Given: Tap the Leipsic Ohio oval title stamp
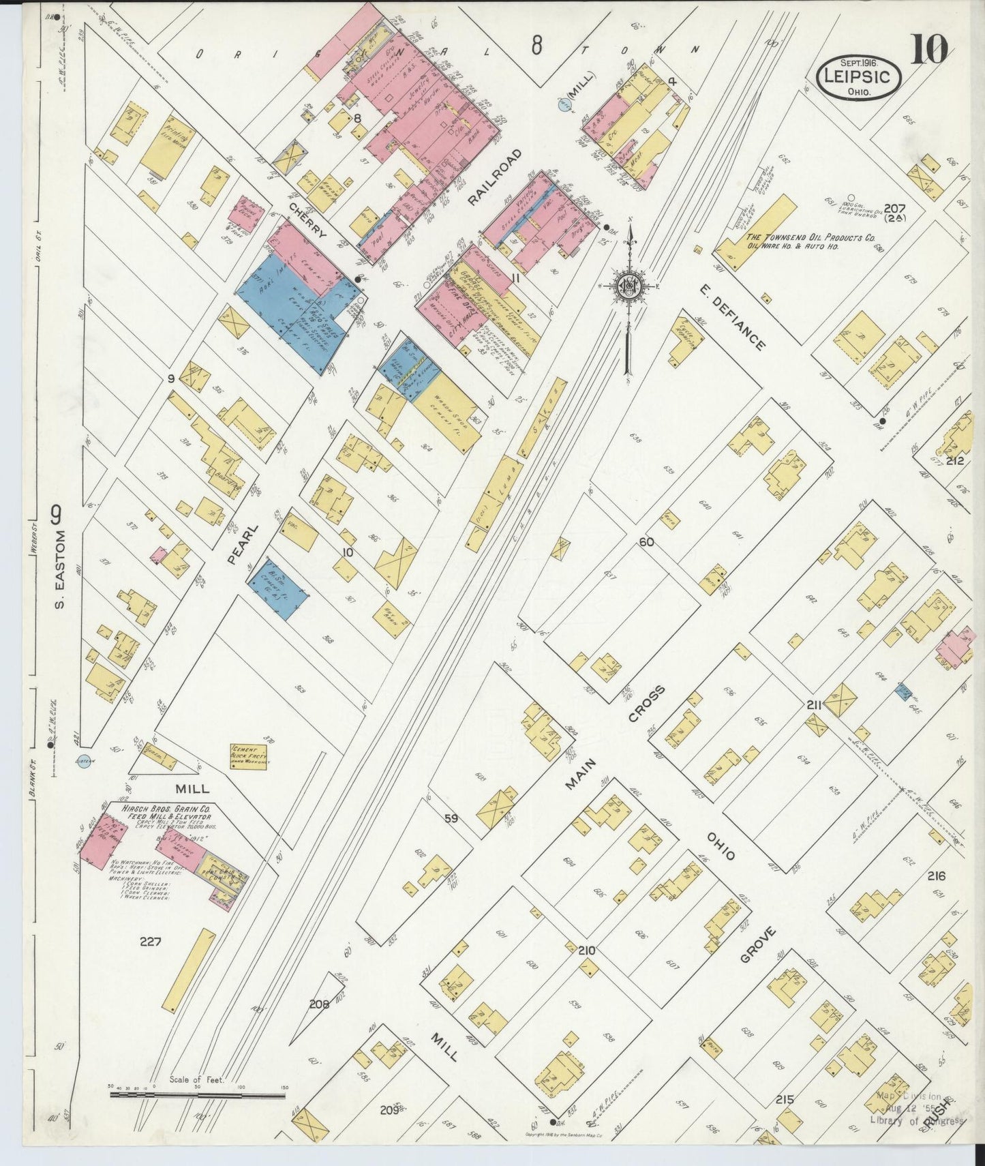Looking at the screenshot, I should pyautogui.click(x=858, y=77).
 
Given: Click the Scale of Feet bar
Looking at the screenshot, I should pyautogui.click(x=198, y=1115).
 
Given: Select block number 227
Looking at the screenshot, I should pyautogui.click(x=149, y=942).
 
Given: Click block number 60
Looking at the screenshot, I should pyautogui.click(x=646, y=542).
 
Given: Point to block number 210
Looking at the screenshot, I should pyautogui.click(x=586, y=951).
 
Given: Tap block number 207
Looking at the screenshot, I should pyautogui.click(x=894, y=209).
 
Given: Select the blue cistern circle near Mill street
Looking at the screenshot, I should pyautogui.click(x=84, y=762).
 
